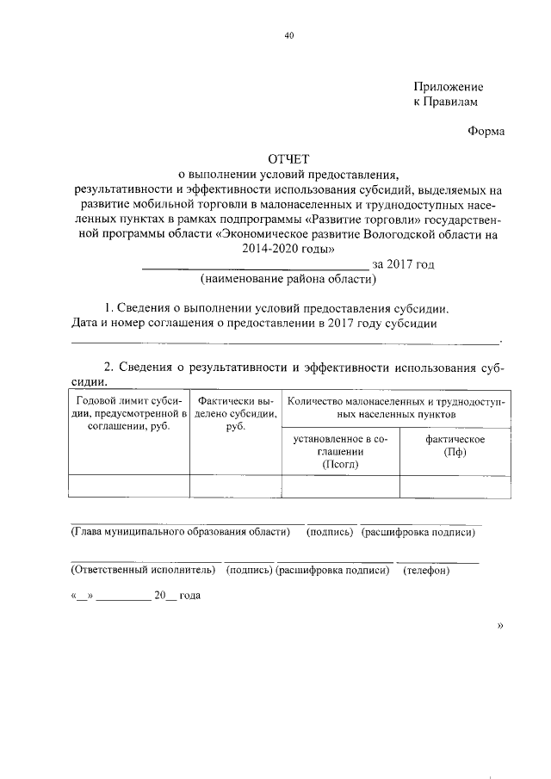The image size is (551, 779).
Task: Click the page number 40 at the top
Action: click(x=289, y=35)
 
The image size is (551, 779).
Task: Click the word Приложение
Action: click(x=448, y=87)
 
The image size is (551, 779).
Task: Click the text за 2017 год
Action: click(x=403, y=264)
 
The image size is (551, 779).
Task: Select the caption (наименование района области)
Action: click(x=288, y=279)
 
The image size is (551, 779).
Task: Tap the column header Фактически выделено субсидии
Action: click(x=236, y=413)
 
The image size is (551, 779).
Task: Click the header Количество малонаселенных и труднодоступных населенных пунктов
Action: click(x=396, y=407)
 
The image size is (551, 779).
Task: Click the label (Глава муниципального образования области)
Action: click(x=179, y=532)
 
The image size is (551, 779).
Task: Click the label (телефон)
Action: click(x=426, y=570)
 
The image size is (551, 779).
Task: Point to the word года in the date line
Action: click(x=188, y=596)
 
